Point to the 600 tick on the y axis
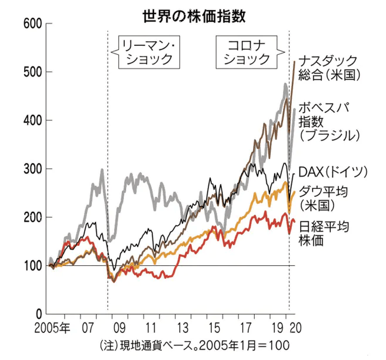coord(33,24)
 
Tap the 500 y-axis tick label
coord(33,72)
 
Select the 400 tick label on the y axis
coord(33,121)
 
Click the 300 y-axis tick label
coord(33,169)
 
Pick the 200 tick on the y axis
coord(33,218)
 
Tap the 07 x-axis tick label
coord(89,327)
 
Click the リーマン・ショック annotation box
coord(147,51)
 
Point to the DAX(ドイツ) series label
coord(333,171)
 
